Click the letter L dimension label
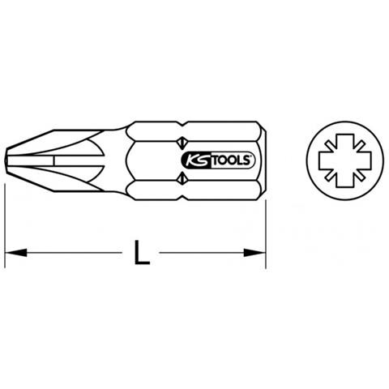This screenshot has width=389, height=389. tap(142, 253)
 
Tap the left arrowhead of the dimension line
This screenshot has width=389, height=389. tap(16, 253)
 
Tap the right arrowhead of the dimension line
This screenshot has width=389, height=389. tap(254, 253)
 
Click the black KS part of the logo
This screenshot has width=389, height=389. tap(196, 160)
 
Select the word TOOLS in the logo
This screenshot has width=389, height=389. tap(232, 160)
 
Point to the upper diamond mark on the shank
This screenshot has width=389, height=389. tap(182, 142)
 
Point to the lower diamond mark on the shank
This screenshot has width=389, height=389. tap(182, 179)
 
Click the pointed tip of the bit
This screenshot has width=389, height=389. tap(6, 160)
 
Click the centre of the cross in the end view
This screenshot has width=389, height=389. tap(345, 160)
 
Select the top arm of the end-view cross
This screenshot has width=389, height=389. tap(345, 143)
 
